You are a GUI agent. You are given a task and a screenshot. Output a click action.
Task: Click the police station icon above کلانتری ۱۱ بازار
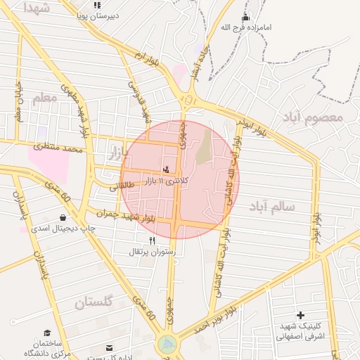[166, 169]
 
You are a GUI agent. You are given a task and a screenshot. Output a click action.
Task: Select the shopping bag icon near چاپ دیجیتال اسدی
[64, 217]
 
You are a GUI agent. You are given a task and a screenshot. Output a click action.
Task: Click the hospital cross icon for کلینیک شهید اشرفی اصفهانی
[301, 315]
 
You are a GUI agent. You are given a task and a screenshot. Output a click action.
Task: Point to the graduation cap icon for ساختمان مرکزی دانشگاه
[47, 333]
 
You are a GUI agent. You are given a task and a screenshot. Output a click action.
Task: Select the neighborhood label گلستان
[94, 303]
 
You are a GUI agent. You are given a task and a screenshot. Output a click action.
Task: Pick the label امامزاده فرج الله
[245, 27]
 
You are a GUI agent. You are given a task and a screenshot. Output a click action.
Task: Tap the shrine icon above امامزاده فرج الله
[245, 17]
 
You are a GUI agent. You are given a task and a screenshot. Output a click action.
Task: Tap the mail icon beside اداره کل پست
[109, 347]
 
